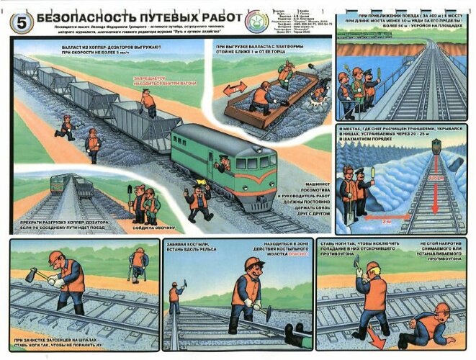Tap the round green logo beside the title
click(257, 21)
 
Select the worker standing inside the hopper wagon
click(148, 102)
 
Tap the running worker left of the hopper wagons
click(66, 128)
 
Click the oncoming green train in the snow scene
click(436, 146)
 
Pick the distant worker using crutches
click(136, 264)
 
